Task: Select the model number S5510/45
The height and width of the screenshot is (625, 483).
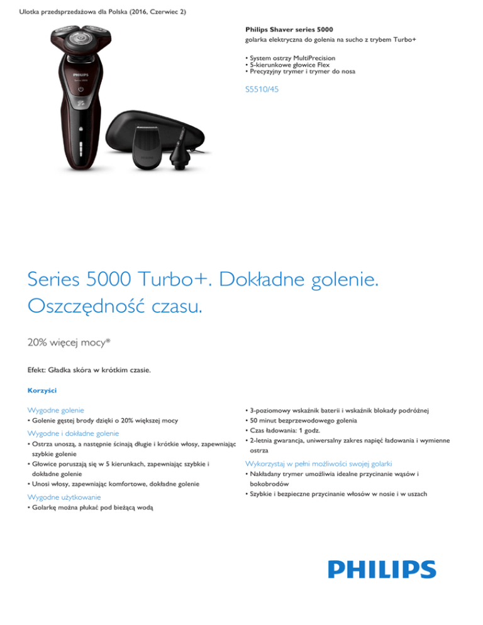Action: (262, 90)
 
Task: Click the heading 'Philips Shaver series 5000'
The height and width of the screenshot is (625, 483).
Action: (289, 30)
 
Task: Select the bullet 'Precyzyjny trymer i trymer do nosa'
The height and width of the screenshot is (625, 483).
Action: (301, 72)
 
